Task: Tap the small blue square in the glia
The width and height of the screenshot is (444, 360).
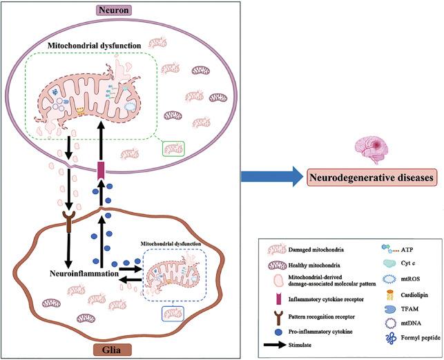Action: coord(170,314)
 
